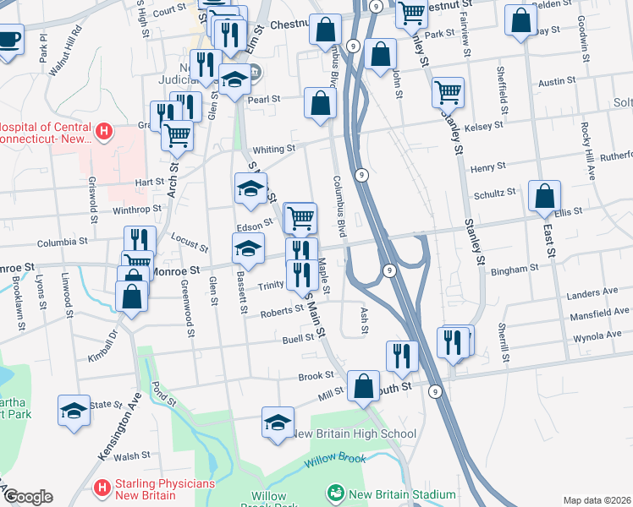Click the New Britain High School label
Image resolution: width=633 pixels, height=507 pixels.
354,434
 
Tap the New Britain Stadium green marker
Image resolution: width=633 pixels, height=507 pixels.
335,492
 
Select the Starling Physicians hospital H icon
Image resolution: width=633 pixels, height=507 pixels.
102,488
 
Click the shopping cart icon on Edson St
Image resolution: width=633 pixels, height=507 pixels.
300,218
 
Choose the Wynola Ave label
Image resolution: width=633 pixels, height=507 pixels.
597,335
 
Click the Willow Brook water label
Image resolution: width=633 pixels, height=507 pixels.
335,459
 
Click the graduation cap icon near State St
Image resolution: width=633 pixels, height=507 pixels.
74,411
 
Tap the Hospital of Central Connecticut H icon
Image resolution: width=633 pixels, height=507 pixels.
103,131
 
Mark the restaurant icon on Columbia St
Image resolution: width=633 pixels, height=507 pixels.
140,240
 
